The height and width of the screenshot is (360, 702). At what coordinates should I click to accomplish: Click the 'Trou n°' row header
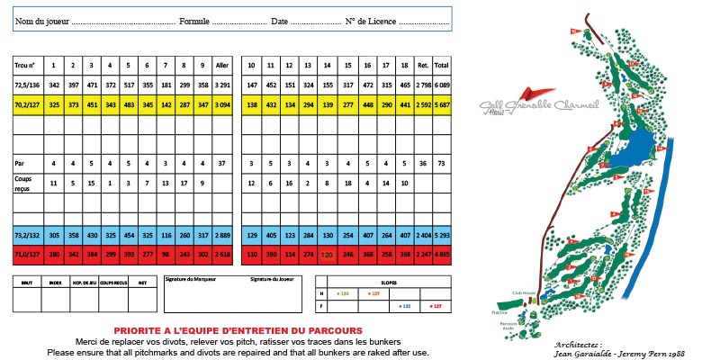[x=24, y=66]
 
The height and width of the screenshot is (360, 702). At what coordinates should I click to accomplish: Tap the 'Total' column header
[x=442, y=66]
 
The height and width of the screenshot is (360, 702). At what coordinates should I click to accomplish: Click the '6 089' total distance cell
[x=442, y=84]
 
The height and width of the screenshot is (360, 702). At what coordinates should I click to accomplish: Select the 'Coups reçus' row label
[x=26, y=184]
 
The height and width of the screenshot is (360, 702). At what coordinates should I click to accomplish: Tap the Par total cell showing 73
[x=442, y=164]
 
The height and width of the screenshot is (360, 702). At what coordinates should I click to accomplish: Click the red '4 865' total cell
[x=442, y=254]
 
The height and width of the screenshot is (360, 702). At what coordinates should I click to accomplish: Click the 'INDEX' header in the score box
[x=56, y=282]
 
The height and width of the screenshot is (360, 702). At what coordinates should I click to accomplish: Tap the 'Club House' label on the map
[x=524, y=292]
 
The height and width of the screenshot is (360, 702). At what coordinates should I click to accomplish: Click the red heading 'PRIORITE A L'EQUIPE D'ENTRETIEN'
[x=233, y=330]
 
